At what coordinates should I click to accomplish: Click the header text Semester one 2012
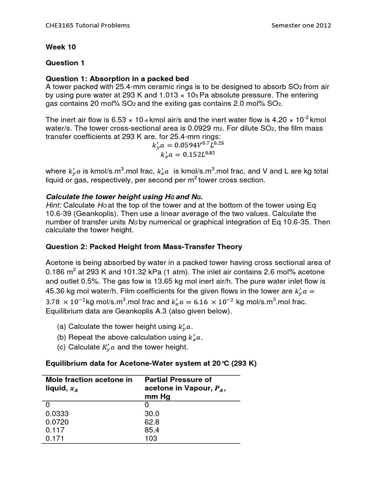pyautogui.click(x=301, y=25)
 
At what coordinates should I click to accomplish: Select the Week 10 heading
pyautogui.click(x=61, y=48)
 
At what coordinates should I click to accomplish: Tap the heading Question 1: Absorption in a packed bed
pyautogui.click(x=117, y=79)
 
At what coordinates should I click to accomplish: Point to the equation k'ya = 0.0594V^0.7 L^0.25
pyautogui.click(x=188, y=145)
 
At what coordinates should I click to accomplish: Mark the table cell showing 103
pyautogui.click(x=151, y=438)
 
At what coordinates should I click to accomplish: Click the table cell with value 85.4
pyautogui.click(x=153, y=430)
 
